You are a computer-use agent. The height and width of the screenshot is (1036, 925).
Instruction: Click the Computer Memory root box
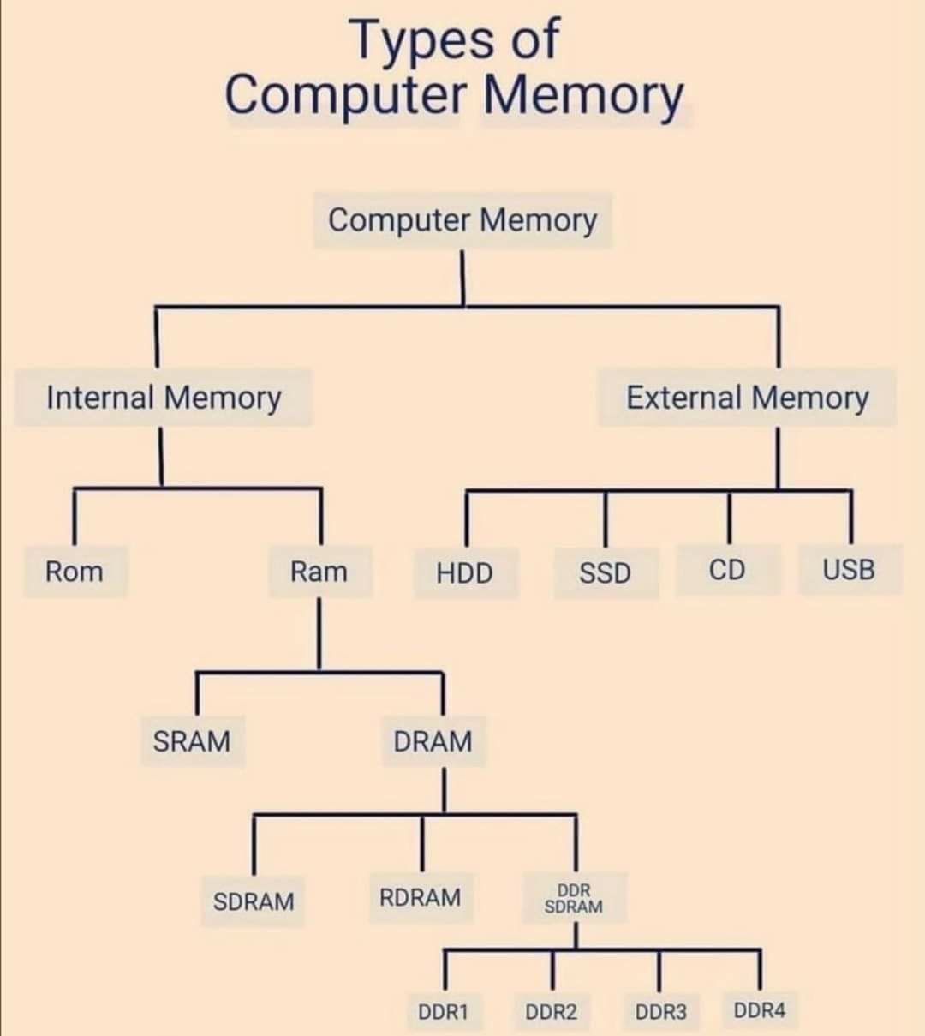click(462, 220)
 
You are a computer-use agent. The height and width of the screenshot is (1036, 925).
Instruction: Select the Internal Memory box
click(163, 398)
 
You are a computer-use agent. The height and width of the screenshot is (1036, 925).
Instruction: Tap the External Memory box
click(747, 398)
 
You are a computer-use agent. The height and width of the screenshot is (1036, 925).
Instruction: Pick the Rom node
click(75, 572)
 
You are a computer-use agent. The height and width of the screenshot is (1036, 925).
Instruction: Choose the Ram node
click(320, 572)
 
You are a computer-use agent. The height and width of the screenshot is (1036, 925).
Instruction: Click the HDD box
click(466, 572)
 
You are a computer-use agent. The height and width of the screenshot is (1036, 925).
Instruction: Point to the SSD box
click(606, 572)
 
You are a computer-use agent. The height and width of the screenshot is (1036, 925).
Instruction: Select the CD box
click(728, 569)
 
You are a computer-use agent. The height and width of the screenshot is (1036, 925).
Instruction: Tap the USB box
click(850, 569)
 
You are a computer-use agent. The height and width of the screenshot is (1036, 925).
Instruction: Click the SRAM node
click(194, 741)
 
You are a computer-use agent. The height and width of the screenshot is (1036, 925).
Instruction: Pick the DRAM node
click(434, 741)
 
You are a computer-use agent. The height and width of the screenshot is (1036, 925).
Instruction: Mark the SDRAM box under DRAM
click(253, 901)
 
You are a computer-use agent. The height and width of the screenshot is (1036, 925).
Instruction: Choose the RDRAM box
click(421, 898)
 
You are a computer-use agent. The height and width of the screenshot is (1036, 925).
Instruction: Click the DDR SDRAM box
click(575, 898)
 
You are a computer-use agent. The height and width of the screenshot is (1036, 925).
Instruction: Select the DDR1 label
click(444, 1011)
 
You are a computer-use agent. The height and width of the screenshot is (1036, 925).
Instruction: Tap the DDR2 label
click(552, 1011)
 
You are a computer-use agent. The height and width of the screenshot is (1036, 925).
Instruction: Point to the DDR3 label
click(661, 1011)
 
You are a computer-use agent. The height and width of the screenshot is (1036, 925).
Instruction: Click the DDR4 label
click(760, 1010)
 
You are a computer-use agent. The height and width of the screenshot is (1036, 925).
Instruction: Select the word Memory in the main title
click(583, 96)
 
